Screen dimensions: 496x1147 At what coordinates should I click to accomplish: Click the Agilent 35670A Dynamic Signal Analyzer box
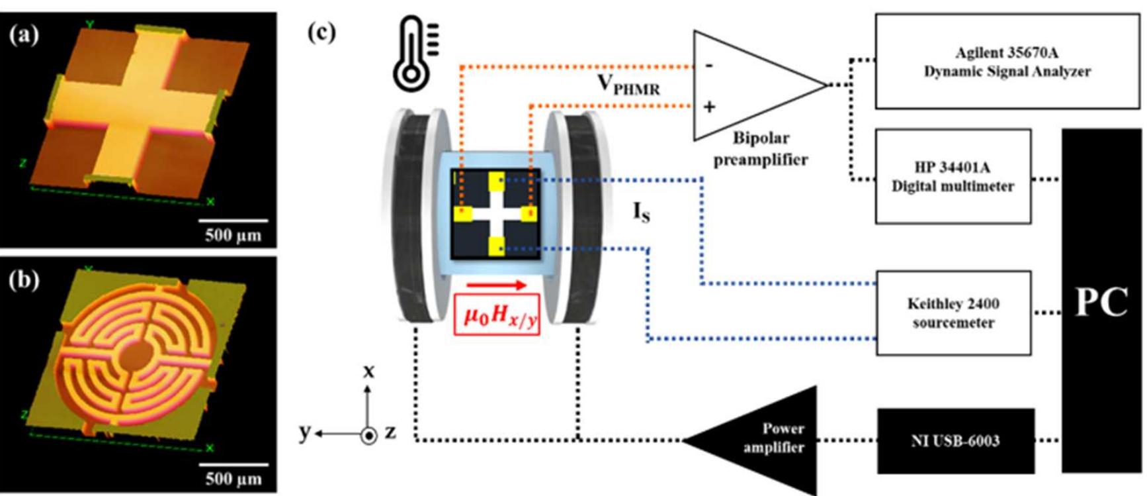1006,62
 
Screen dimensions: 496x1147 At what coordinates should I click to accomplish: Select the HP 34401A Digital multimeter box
953,176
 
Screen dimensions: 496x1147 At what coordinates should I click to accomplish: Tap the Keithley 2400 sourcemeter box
953,313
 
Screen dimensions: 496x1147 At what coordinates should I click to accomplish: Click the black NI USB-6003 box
955,441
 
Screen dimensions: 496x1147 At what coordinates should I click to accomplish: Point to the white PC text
1101,303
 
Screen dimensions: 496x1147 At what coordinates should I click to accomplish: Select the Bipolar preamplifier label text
761,149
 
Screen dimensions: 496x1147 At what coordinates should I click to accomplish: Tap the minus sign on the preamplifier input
709,65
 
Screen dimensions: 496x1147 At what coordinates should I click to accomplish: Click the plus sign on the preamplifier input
709,107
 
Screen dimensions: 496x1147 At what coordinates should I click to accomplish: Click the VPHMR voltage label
628,85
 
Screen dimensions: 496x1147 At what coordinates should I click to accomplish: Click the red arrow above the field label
496,285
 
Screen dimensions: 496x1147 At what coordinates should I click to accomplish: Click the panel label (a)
24,34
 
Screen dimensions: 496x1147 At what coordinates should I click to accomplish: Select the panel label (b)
24,280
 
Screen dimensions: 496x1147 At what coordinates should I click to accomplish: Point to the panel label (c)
322,32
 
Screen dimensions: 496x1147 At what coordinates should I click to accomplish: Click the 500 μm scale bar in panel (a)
233,221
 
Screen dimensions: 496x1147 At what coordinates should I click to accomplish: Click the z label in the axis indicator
391,432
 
